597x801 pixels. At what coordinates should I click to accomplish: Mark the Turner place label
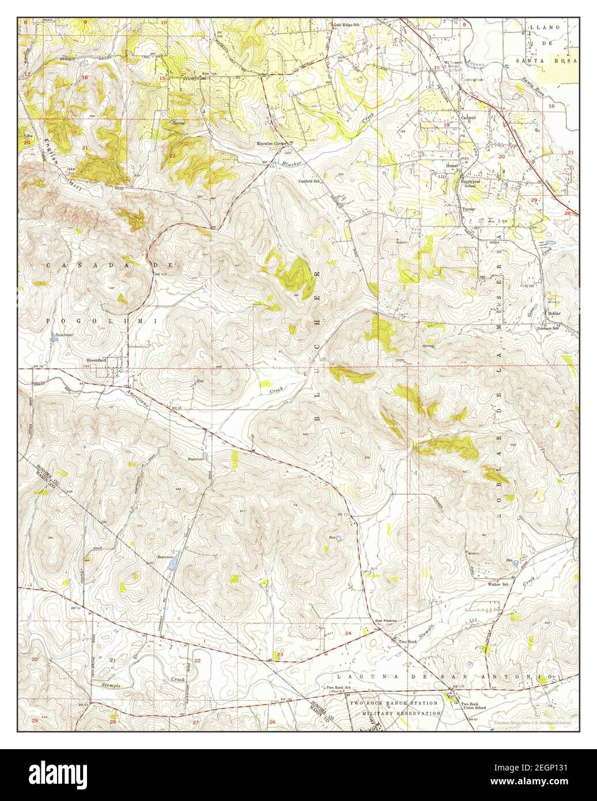468,209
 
